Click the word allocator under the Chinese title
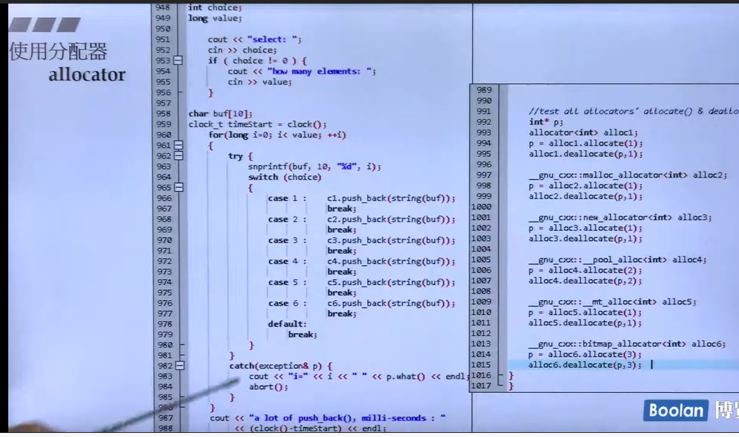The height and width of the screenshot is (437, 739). [87, 75]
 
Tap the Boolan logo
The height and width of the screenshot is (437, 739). [675, 410]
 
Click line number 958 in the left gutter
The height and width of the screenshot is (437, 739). [163, 114]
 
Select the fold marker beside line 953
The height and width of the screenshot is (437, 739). [178, 61]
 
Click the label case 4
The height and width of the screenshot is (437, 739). [287, 261]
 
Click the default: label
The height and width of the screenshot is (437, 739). [287, 324]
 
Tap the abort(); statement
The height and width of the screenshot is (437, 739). [269, 387]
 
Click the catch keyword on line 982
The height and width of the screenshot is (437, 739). [242, 366]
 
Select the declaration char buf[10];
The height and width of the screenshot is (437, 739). [220, 114]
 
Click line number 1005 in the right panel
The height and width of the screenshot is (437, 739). [481, 260]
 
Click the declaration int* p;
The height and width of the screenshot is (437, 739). [546, 123]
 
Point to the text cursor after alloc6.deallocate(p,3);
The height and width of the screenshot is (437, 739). [652, 365]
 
